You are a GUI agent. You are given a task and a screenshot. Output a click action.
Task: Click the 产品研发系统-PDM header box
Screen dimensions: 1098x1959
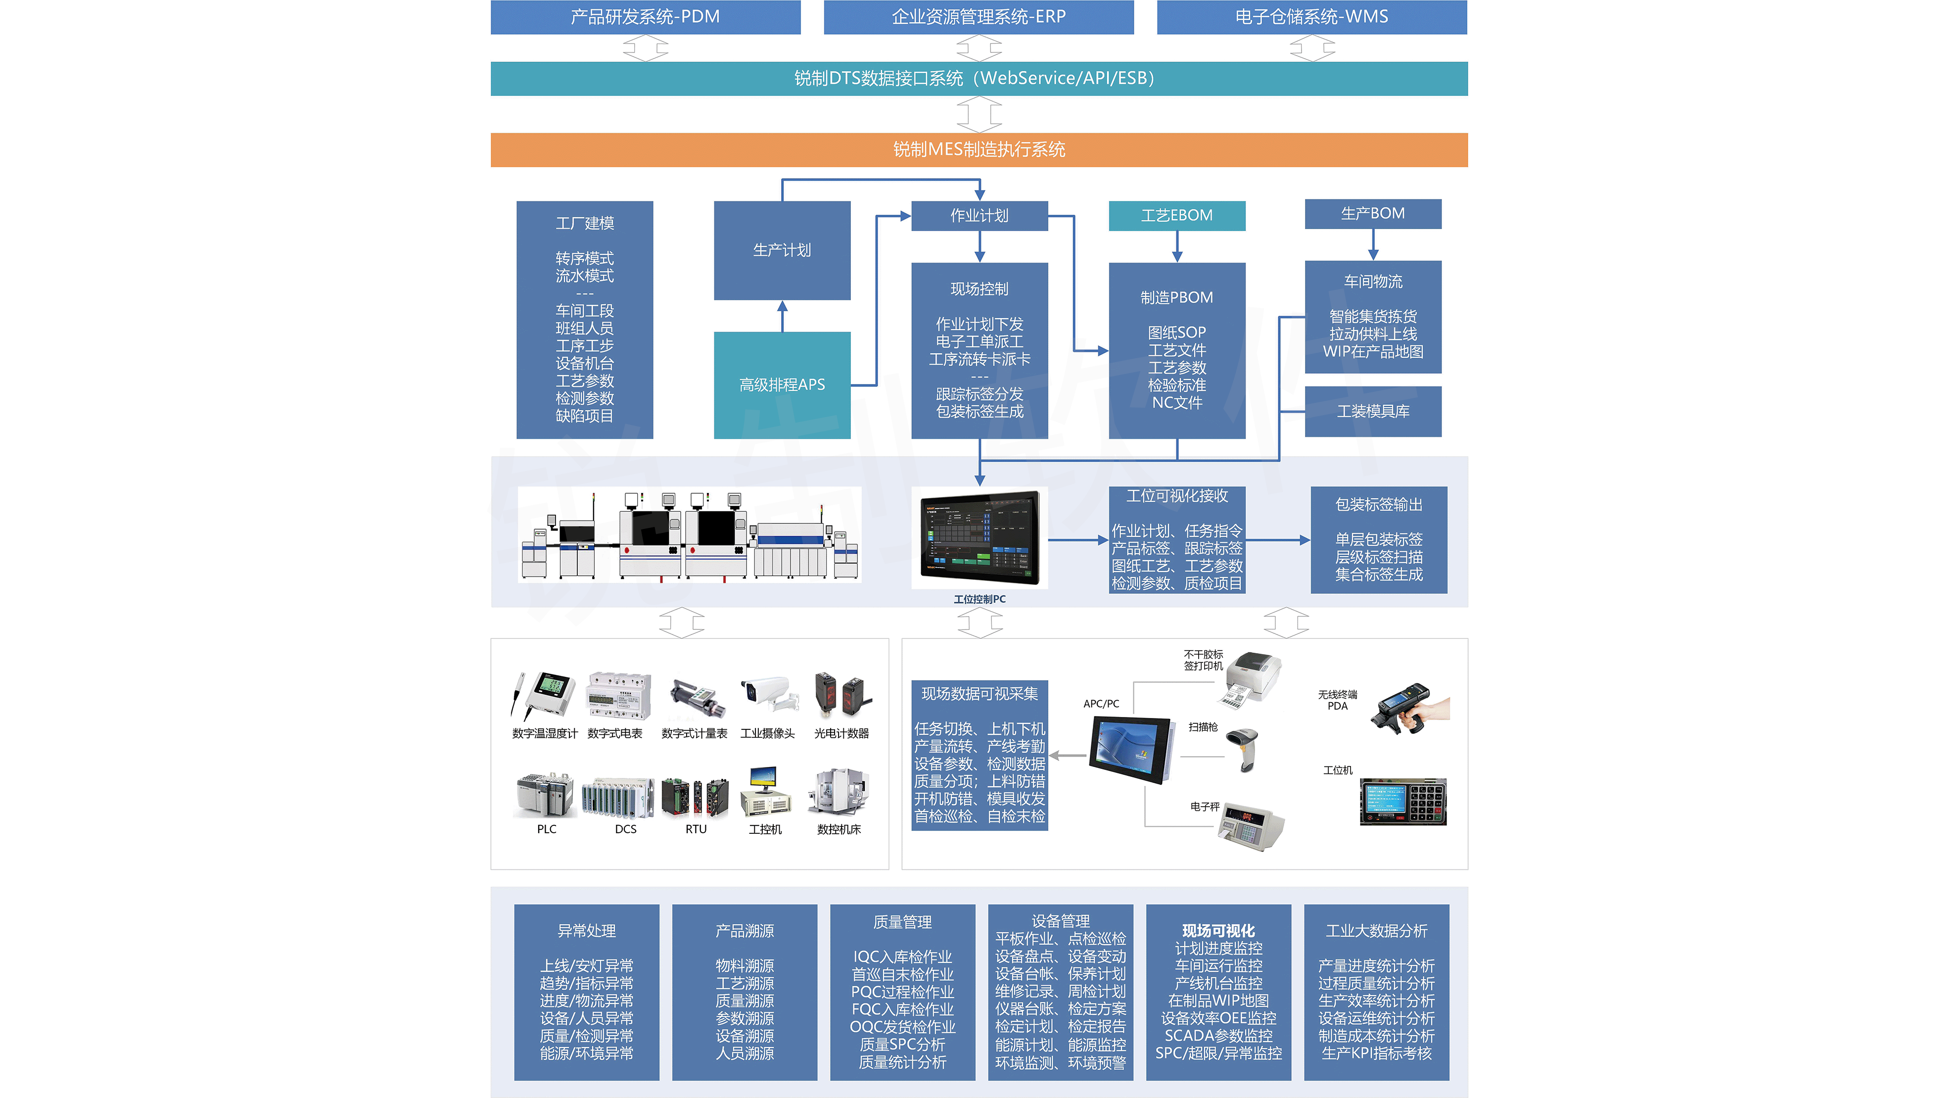point(645,17)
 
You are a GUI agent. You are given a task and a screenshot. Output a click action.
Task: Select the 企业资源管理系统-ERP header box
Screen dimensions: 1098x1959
point(978,17)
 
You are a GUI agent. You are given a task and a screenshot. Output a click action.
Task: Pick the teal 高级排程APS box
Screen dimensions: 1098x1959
point(782,385)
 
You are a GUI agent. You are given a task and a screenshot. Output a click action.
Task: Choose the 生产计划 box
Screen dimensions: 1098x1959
point(782,250)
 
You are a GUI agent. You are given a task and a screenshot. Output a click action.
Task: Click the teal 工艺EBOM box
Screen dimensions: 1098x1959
point(1176,215)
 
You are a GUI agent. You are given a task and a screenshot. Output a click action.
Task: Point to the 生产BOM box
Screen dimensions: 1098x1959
point(1373,214)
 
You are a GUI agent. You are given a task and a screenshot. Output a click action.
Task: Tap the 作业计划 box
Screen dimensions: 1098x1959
point(979,215)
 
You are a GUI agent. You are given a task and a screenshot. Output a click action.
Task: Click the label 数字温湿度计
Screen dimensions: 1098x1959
point(545,733)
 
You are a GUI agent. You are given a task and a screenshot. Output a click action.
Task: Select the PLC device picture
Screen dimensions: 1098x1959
point(545,795)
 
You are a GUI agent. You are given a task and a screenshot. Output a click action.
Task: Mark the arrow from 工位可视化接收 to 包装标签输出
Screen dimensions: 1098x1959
point(1278,540)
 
